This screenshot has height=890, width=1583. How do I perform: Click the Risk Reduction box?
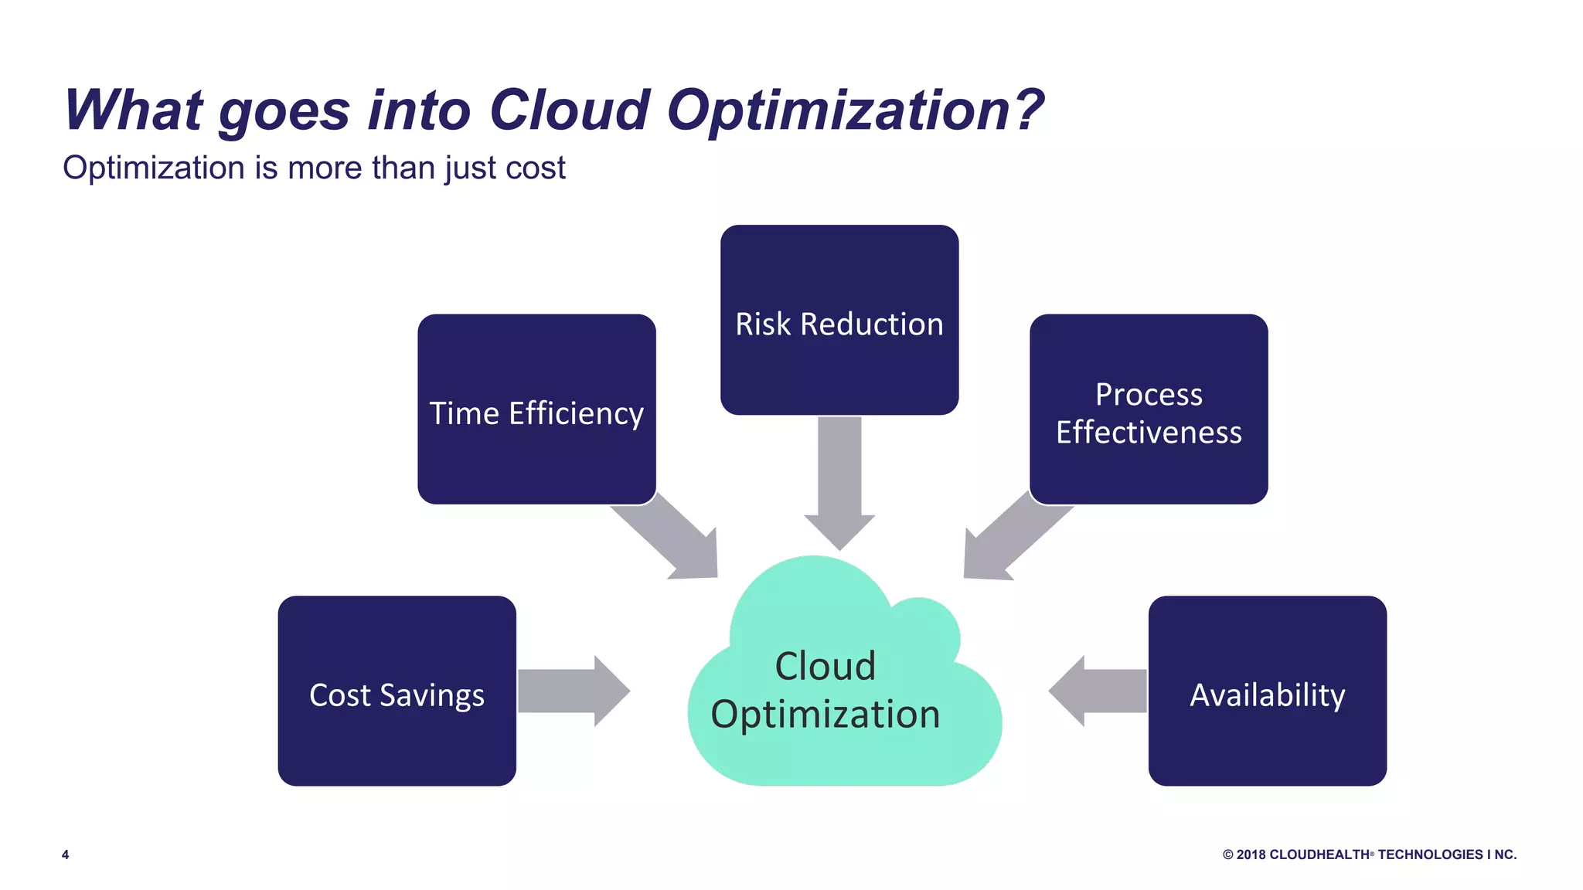point(839,320)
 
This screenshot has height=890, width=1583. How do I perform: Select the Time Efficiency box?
point(536,409)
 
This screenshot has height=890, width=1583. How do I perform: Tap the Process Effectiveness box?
point(1149,409)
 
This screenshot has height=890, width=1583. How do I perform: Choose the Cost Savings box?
point(397,691)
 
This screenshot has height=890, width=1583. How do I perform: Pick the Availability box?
point(1267,691)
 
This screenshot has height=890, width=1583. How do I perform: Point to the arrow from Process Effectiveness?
point(1009,541)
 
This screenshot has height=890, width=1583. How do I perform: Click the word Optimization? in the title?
point(855,110)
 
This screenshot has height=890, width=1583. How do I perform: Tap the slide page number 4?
point(66,854)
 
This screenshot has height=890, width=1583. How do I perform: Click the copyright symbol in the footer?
point(1227,854)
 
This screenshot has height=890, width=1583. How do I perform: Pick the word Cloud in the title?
point(570,110)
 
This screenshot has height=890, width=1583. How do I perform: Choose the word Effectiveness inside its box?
point(1149,433)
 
